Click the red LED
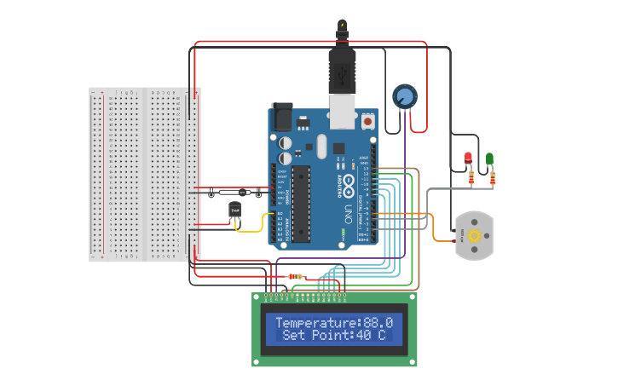point(468,158)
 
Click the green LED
point(489,159)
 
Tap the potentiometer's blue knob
point(404,96)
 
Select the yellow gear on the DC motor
point(474,235)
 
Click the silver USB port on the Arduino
point(343,112)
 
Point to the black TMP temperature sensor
point(234,209)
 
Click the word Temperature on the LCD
point(314,323)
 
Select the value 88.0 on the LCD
point(378,323)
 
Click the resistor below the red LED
point(471,177)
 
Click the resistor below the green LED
point(493,177)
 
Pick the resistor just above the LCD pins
point(297,276)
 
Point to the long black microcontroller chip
point(298,203)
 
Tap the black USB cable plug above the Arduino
point(342,68)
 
